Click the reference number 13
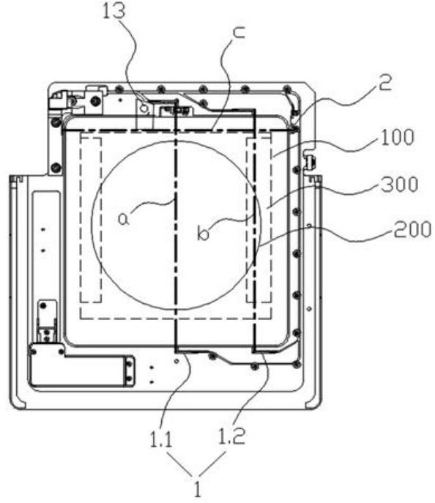(114, 11)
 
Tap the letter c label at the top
(239, 32)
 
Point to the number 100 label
(397, 138)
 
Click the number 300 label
(399, 184)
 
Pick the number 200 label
(412, 229)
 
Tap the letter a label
(124, 219)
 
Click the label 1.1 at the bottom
(161, 439)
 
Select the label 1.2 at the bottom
(231, 436)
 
